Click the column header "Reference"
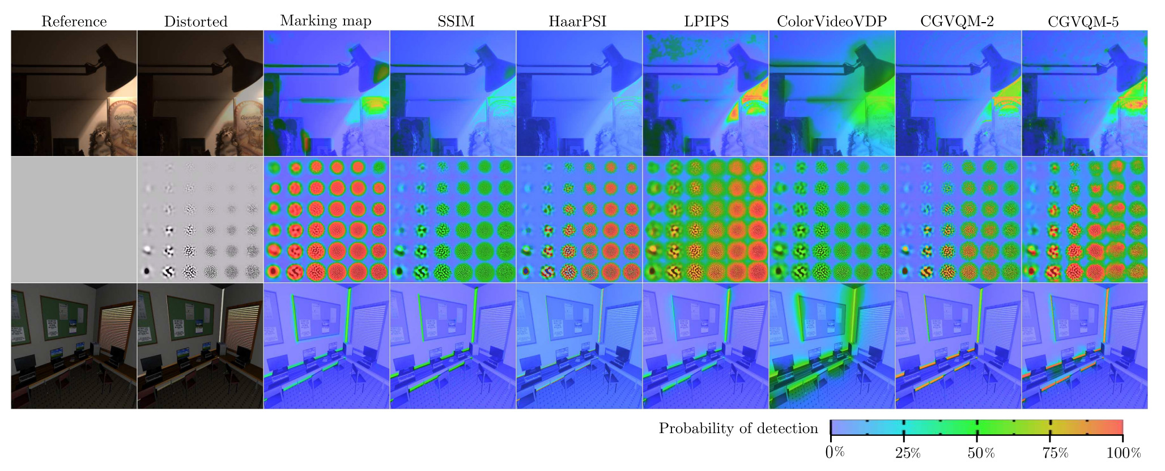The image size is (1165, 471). pos(74,22)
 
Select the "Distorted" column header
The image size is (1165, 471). pos(195,22)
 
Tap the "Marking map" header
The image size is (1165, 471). pos(325,21)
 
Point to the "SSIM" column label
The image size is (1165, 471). pos(456,22)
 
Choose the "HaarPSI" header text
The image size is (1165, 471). pos(577,22)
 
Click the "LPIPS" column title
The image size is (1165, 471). pos(705,22)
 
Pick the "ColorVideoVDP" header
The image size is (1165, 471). pos(831,22)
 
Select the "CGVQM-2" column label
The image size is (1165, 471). pos(957,22)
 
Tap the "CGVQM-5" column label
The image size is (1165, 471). pos(1083,22)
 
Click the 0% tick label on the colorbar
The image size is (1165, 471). pos(835,453)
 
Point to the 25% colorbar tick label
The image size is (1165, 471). pos(908,453)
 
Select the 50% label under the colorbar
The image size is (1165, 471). pos(981,453)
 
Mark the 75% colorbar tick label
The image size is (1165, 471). pos(1055,453)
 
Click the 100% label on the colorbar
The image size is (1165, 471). pos(1124,453)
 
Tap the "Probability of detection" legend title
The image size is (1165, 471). pos(738,429)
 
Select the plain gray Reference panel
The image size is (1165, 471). pos(74,220)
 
